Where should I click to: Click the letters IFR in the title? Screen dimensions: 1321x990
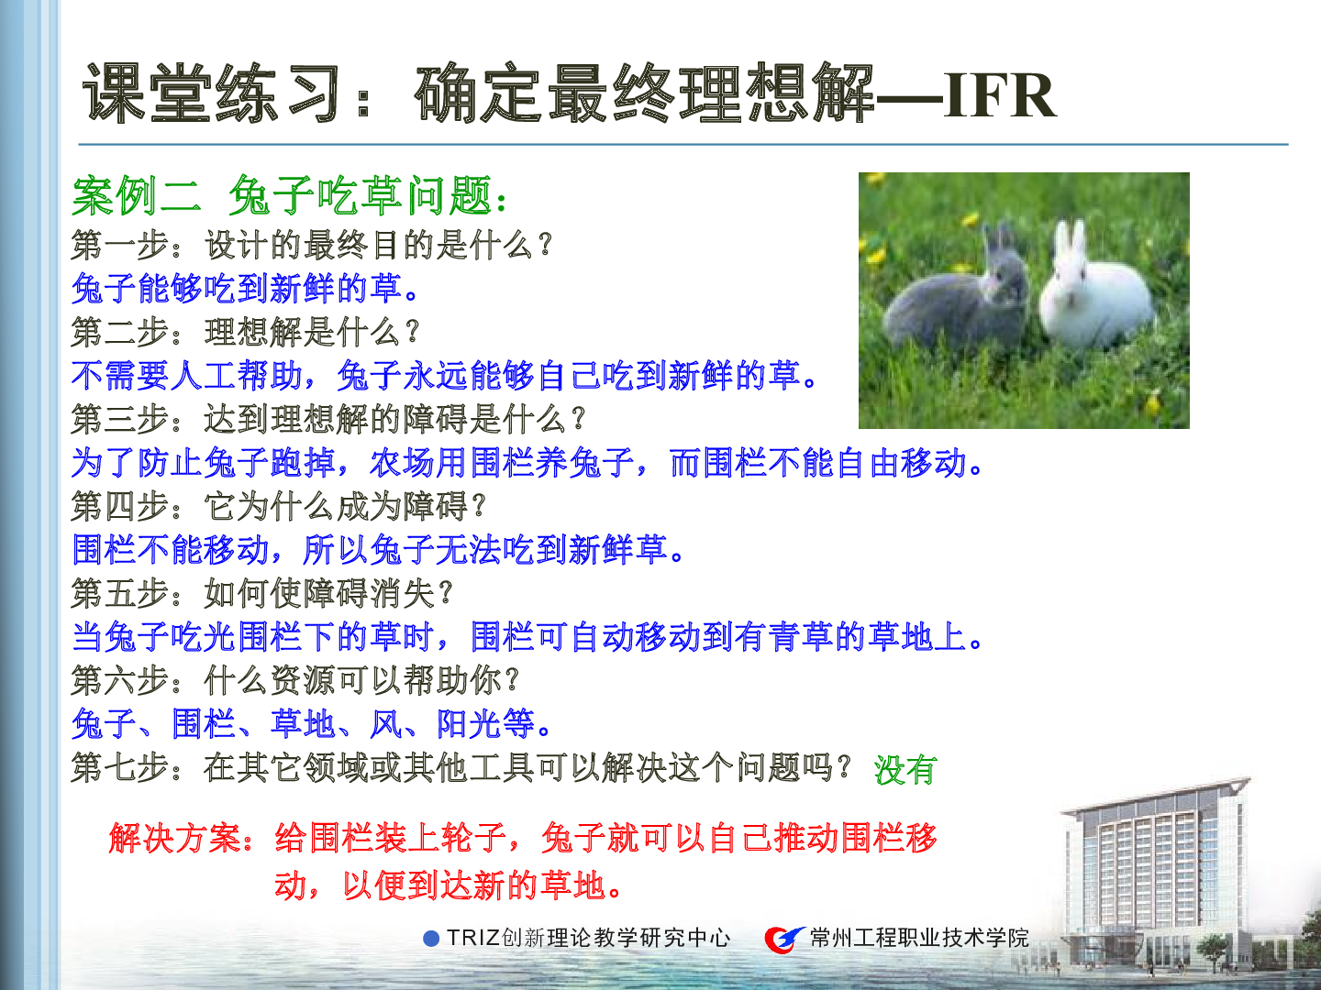coord(1000,95)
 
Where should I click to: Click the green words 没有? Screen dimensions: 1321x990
coord(905,770)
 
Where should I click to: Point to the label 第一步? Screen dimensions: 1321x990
coord(120,246)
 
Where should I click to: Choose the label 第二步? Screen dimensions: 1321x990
coord(120,332)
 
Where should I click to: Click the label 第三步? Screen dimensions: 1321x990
coord(120,419)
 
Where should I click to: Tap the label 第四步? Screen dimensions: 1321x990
coord(120,506)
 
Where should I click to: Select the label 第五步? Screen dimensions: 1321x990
coord(120,593)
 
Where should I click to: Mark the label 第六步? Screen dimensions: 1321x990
coord(120,680)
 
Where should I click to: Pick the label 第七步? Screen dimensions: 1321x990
coord(120,767)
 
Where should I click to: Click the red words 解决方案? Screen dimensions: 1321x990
coord(174,838)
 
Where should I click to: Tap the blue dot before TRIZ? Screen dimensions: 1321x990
coord(431,939)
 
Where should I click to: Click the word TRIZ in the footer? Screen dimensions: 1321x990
coord(473,938)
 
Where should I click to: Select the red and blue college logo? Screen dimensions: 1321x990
coord(784,939)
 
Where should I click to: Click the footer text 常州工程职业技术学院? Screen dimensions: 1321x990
coord(919,938)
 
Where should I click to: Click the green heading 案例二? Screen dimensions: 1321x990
coord(136,196)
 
